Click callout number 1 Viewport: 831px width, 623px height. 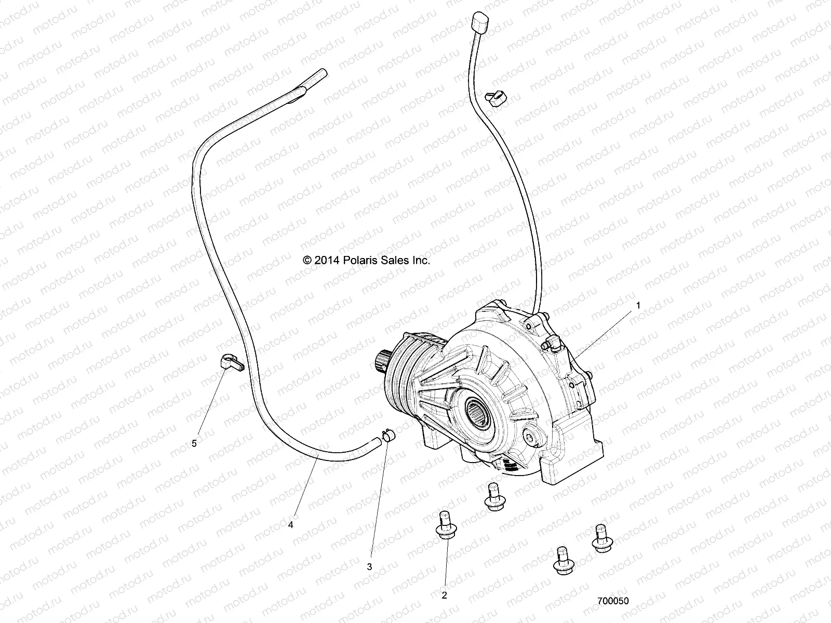click(x=638, y=306)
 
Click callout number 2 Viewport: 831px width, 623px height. click(x=444, y=595)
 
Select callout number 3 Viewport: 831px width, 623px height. click(x=370, y=567)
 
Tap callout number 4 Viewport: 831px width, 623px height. click(x=291, y=525)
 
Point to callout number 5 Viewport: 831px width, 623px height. click(x=194, y=443)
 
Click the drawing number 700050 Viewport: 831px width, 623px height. click(x=613, y=601)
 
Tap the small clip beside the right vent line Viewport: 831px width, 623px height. click(x=495, y=97)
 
